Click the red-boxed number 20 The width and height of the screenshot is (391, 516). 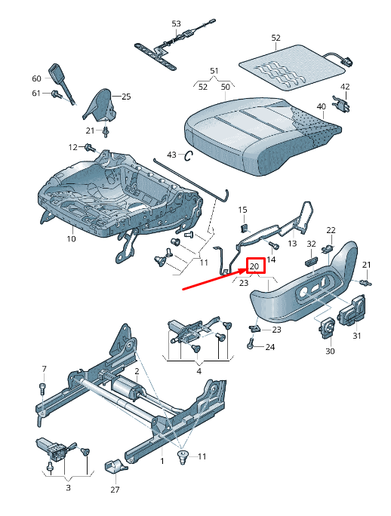[x=254, y=266]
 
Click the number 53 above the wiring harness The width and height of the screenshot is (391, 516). [x=176, y=23]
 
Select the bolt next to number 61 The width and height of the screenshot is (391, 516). [x=57, y=94]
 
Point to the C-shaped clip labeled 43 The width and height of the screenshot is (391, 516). [x=189, y=155]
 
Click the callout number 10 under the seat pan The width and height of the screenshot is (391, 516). [x=71, y=238]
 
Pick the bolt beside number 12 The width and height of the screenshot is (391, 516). [x=90, y=148]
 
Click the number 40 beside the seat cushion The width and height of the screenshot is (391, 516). [x=321, y=106]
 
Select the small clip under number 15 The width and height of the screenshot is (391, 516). [x=244, y=226]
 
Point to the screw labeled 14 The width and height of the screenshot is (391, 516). [x=274, y=245]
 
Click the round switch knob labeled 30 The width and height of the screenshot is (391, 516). [x=327, y=327]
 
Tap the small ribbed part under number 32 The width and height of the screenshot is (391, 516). [x=311, y=263]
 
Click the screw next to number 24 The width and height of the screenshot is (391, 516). [x=251, y=344]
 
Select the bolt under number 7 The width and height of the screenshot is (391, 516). [x=42, y=389]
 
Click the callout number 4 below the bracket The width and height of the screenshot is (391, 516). [x=199, y=371]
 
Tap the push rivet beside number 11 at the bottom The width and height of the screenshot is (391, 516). [x=183, y=458]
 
